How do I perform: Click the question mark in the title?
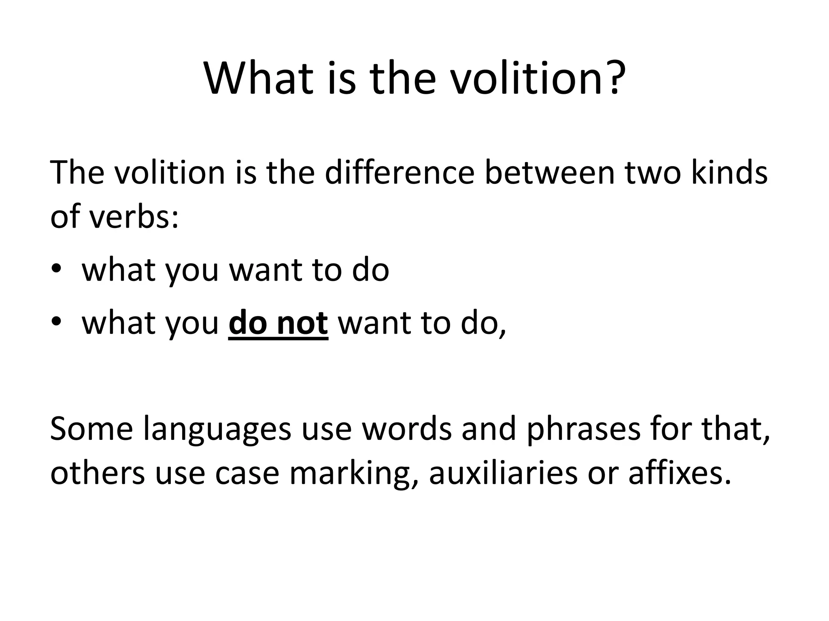coord(613,77)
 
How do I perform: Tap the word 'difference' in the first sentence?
coord(399,173)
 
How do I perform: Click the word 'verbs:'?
coord(134,216)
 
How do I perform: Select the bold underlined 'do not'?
coord(278,323)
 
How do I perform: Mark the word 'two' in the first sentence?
coord(651,173)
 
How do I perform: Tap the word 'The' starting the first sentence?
coord(77,173)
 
